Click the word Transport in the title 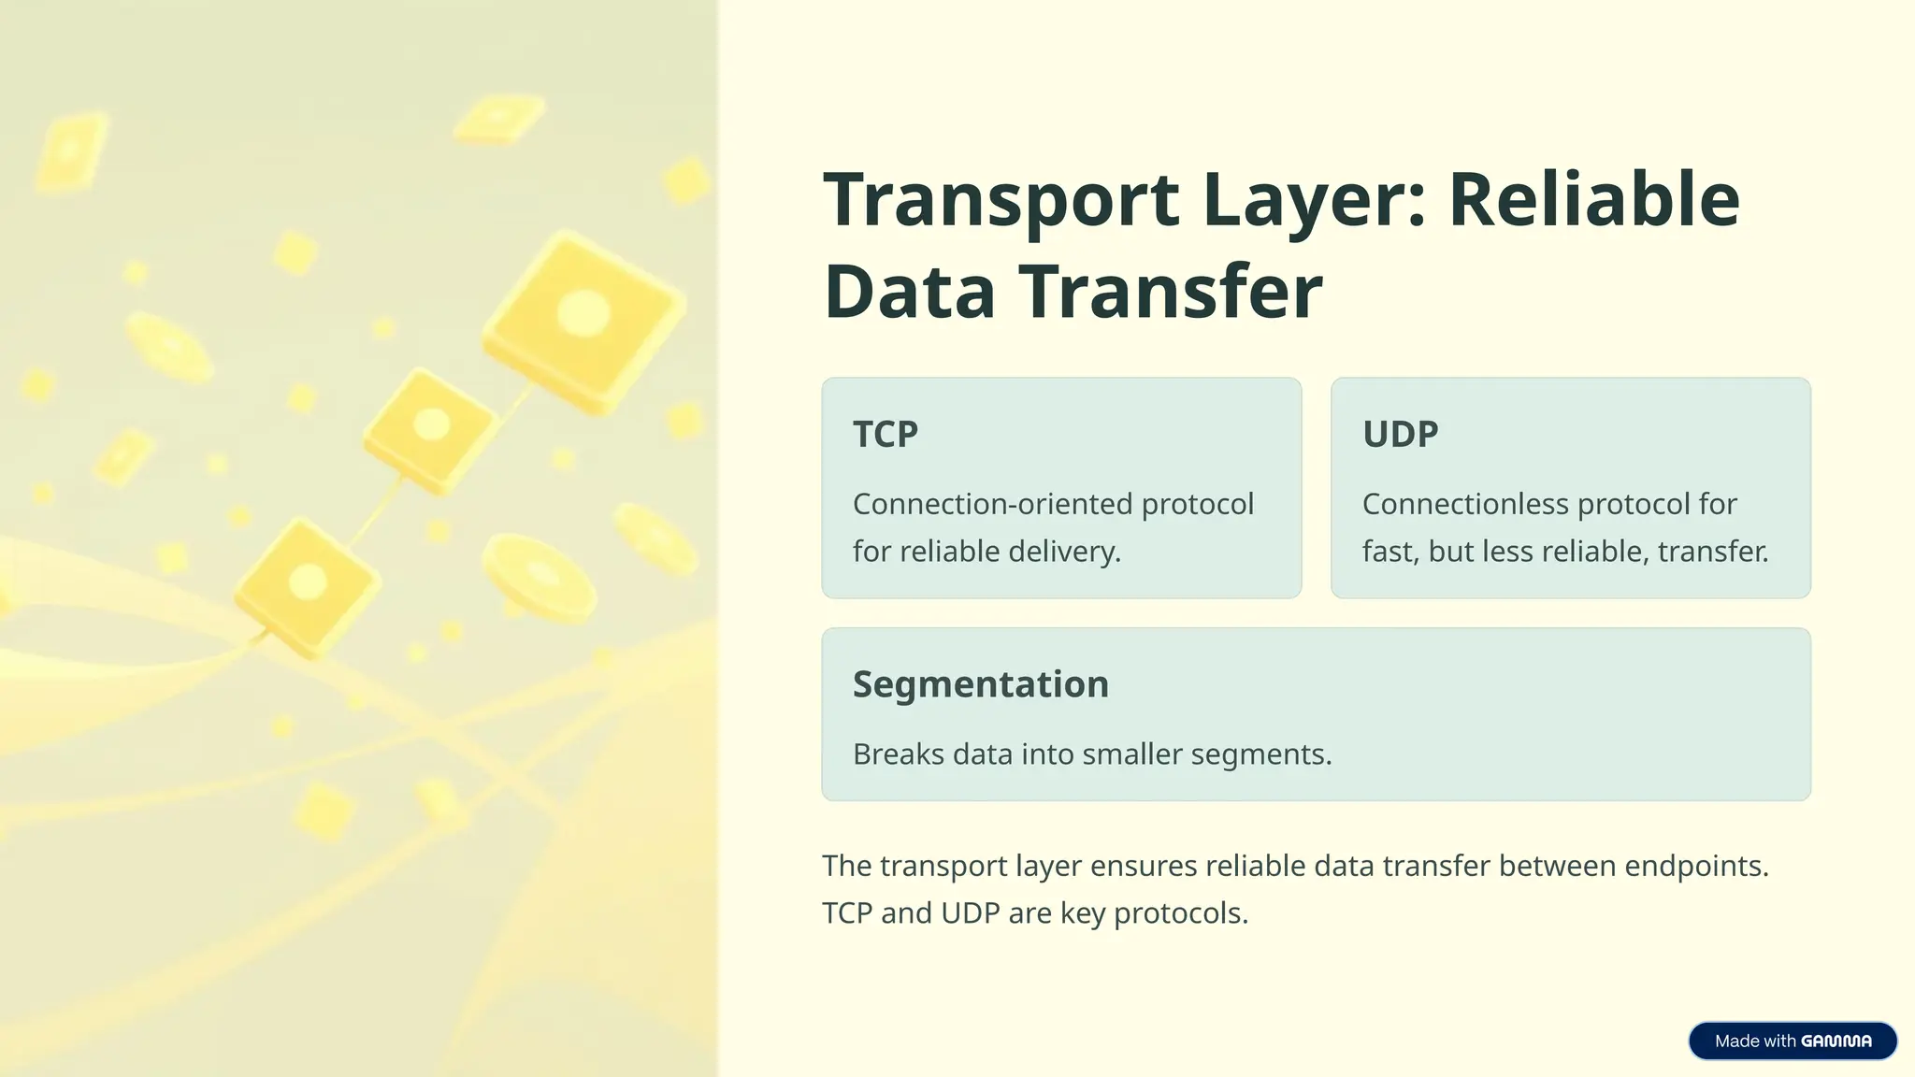1001,200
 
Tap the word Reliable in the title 1593,200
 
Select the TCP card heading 886,434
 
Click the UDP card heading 1400,434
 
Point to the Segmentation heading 980,684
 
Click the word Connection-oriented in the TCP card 992,504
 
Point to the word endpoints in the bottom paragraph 1695,867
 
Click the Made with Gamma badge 1792,1041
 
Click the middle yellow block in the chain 429,429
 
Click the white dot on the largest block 583,312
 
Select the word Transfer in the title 1171,292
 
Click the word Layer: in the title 1314,200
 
